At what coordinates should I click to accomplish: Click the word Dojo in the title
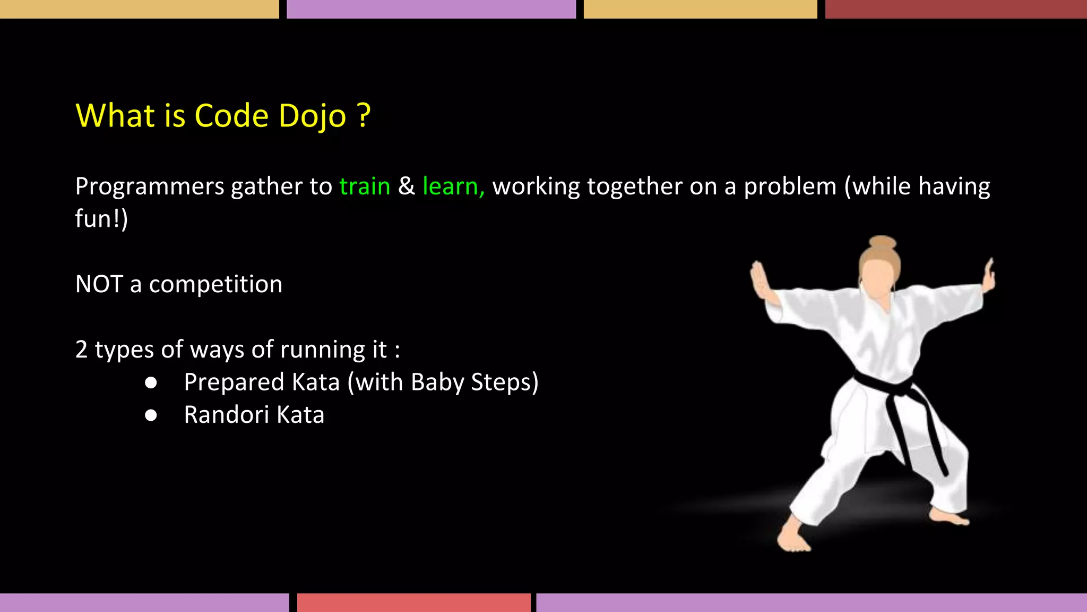click(x=312, y=116)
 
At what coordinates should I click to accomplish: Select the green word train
click(x=365, y=186)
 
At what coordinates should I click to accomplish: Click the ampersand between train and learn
click(x=406, y=186)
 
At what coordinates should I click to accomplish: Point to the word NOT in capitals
click(x=99, y=284)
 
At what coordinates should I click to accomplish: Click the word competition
click(x=215, y=285)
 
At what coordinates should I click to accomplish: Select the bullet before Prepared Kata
click(x=151, y=383)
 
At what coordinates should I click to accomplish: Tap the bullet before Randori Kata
click(x=151, y=415)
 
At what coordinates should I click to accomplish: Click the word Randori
click(x=226, y=415)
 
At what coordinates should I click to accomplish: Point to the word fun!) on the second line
click(x=101, y=219)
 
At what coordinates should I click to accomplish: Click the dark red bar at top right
click(x=955, y=9)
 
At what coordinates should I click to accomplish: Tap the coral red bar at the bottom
click(x=413, y=602)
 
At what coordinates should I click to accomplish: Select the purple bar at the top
click(x=431, y=9)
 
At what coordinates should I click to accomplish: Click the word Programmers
click(x=150, y=186)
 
